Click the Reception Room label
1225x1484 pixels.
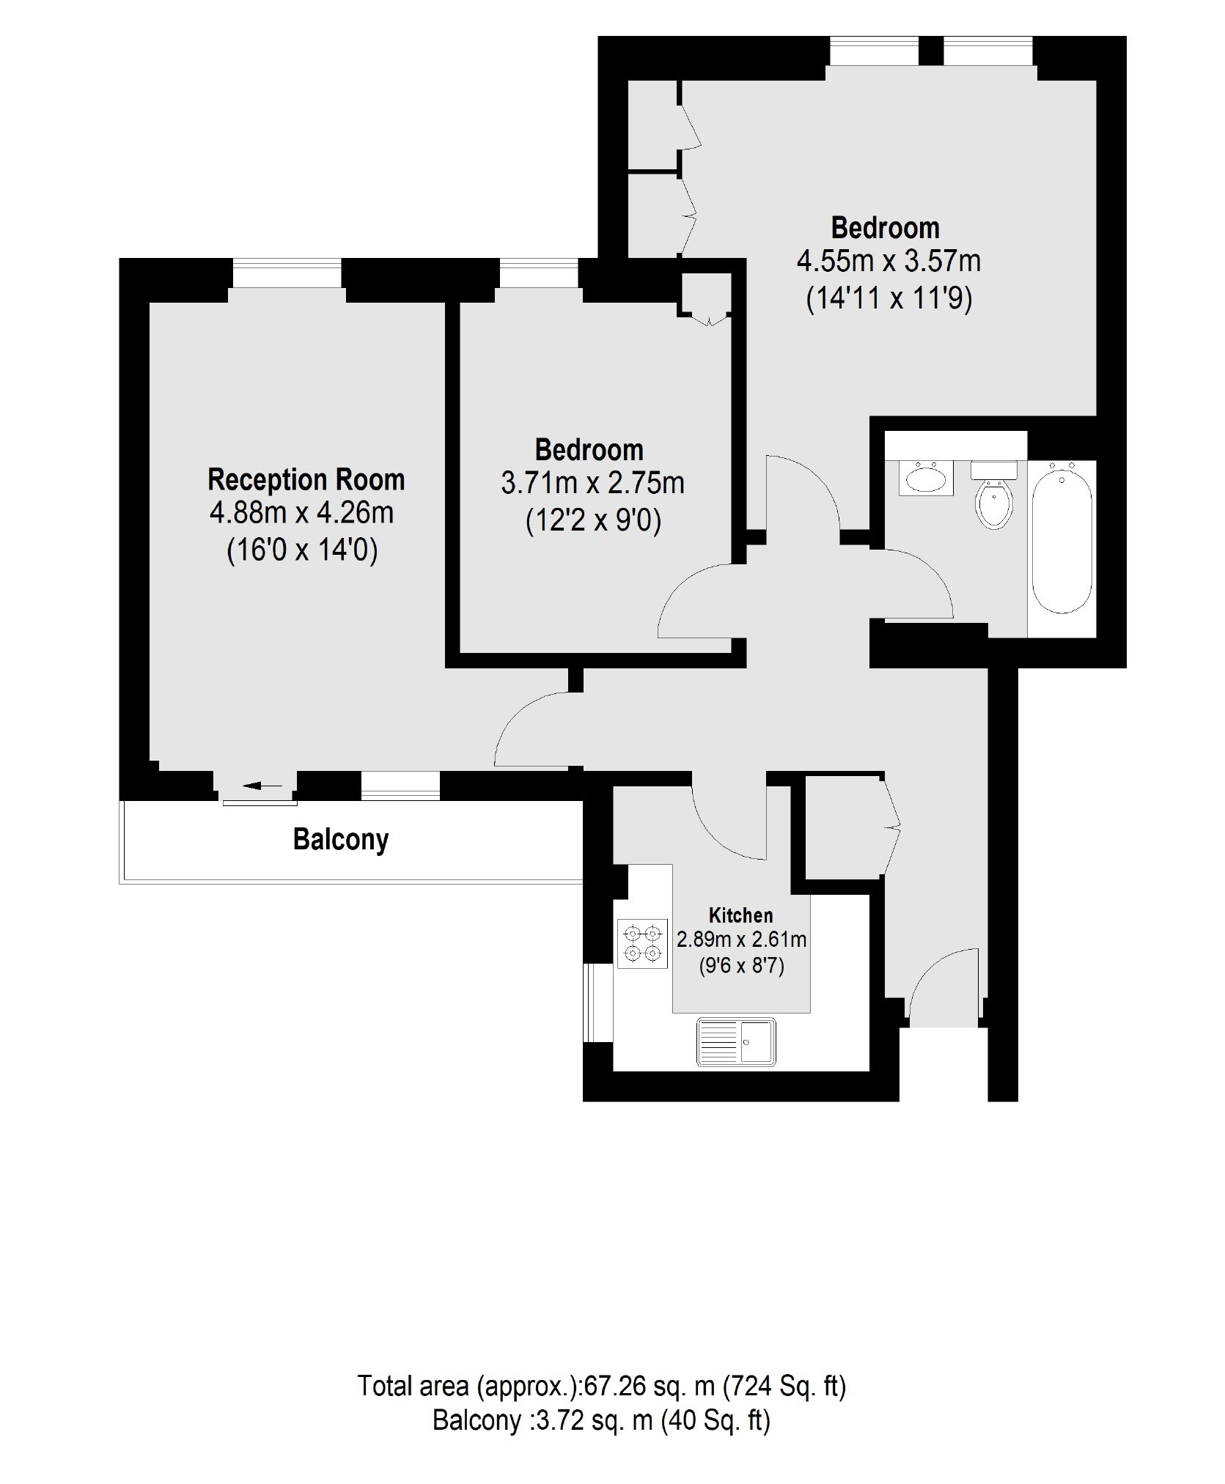pyautogui.click(x=306, y=480)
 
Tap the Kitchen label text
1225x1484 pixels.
pyautogui.click(x=740, y=915)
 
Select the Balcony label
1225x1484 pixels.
pyautogui.click(x=341, y=839)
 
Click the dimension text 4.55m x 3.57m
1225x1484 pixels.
pyautogui.click(x=889, y=261)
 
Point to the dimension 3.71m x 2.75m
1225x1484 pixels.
pyautogui.click(x=593, y=484)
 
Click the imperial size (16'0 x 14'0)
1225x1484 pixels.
pyautogui.click(x=302, y=550)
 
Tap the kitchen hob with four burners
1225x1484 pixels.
pyautogui.click(x=643, y=944)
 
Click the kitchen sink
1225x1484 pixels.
pyautogui.click(x=736, y=1041)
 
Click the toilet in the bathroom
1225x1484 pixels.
pyautogui.click(x=994, y=495)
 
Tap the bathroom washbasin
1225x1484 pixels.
pyautogui.click(x=926, y=479)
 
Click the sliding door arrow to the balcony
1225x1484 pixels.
pyautogui.click(x=262, y=786)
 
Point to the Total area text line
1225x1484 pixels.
pyautogui.click(x=602, y=1387)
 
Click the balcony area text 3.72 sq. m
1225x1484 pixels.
pyautogui.click(x=595, y=1421)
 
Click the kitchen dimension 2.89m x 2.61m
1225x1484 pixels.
pyautogui.click(x=741, y=940)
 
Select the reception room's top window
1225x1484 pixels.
pyautogui.click(x=287, y=273)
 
